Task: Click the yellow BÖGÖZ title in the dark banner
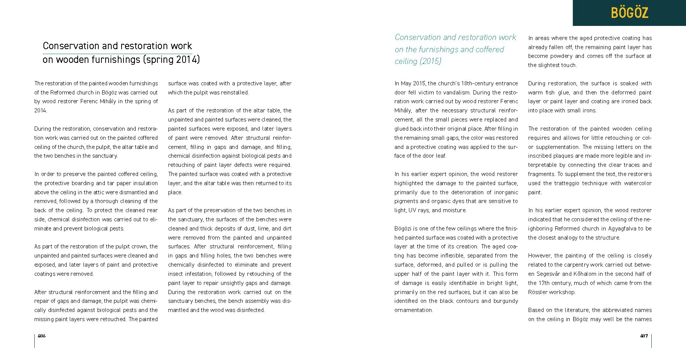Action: pos(629,13)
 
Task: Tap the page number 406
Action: pos(42,336)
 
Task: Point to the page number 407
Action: pos(644,336)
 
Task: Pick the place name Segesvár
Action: pos(549,274)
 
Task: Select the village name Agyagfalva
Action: pos(615,229)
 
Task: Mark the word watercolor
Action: pos(638,183)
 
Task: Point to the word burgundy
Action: pos(505,301)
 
